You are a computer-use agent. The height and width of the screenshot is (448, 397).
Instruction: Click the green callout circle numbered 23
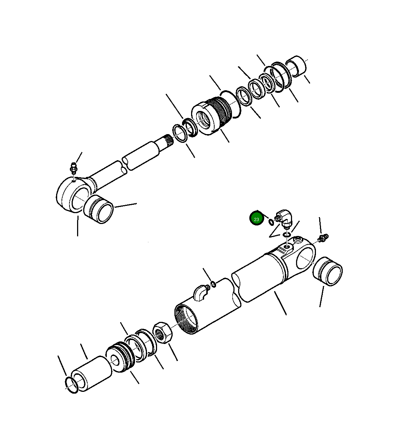256,219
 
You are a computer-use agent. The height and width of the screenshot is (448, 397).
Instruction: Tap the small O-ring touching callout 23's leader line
271,221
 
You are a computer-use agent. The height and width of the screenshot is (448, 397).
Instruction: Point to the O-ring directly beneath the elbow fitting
287,235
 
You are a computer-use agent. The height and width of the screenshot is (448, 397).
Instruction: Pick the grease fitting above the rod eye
73,169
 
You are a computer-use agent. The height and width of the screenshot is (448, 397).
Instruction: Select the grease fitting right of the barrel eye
323,238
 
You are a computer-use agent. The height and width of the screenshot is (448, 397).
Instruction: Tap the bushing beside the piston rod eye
98,209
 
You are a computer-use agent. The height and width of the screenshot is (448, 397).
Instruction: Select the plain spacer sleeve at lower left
91,373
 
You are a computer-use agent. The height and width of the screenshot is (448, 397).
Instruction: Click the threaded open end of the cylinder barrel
186,319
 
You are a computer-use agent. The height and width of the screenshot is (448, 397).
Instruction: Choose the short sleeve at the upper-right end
296,66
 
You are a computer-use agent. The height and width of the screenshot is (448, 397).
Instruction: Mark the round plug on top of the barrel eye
298,240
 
